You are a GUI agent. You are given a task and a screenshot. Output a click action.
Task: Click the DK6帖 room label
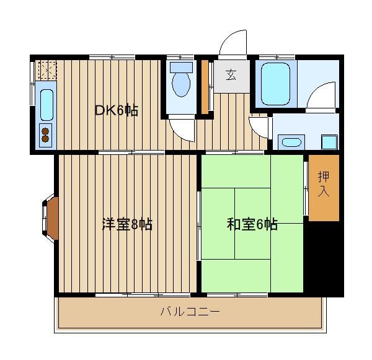click(117, 110)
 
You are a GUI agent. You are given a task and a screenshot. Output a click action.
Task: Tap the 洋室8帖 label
click(127, 224)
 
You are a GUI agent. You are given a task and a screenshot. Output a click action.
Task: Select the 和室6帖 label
click(252, 224)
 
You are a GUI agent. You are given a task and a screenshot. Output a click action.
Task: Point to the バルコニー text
click(190, 312)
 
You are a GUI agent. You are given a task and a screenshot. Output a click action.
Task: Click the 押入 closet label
click(324, 184)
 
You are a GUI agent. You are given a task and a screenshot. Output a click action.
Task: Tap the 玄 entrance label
click(231, 75)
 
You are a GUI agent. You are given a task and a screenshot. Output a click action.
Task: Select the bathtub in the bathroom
click(275, 84)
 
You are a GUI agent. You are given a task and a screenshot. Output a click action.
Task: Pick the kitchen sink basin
click(46, 105)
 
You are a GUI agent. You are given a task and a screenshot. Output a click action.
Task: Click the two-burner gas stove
click(45, 135)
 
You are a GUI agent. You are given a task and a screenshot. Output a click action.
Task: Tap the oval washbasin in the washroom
click(291, 143)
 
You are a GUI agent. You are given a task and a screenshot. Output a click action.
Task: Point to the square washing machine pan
click(329, 143)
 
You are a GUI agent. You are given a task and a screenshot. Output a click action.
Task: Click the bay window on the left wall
click(50, 217)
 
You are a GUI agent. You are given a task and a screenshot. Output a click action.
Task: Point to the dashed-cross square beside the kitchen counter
click(48, 70)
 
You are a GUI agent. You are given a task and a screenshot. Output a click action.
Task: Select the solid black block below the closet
click(324, 258)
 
